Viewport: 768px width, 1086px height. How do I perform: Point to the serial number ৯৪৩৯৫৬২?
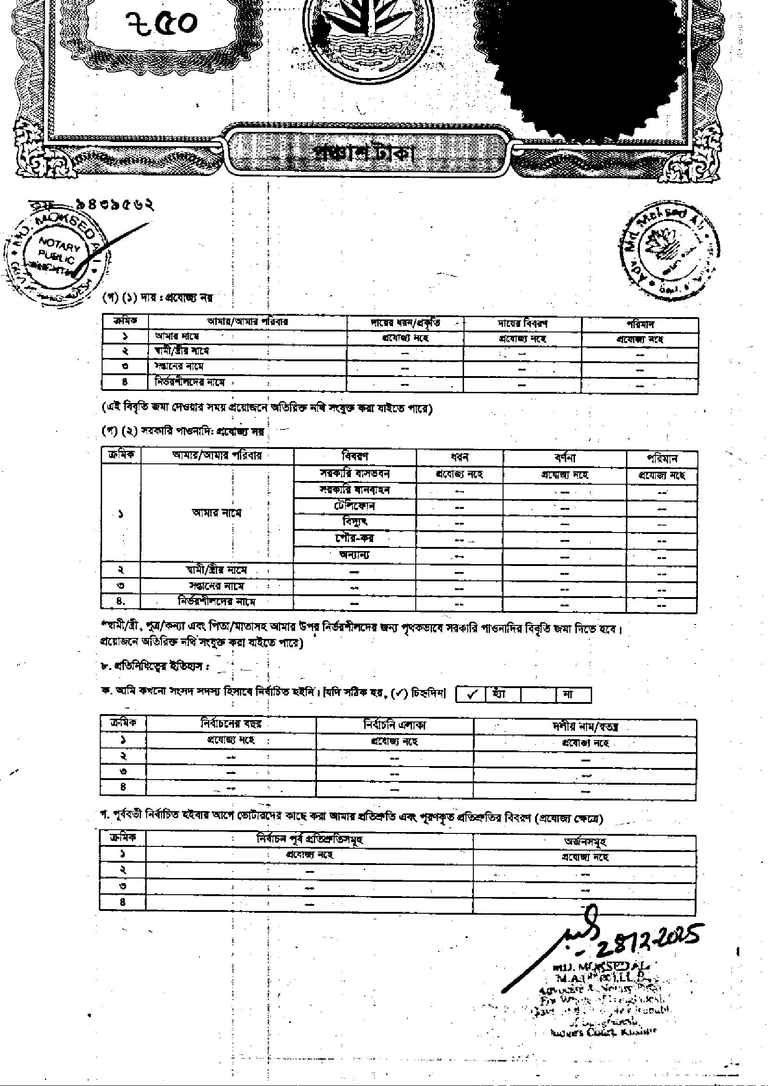coord(115,205)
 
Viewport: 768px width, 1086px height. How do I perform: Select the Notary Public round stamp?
coord(57,258)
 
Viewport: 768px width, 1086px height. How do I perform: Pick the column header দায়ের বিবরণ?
coord(522,324)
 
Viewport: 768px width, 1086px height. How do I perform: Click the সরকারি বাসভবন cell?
coord(355,473)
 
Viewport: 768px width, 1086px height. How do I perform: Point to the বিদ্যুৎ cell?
coord(355,522)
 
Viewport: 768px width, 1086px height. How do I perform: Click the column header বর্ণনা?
coord(565,458)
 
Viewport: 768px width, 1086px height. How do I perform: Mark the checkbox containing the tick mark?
coord(471,695)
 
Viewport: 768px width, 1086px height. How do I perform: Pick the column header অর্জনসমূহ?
coord(585,841)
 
